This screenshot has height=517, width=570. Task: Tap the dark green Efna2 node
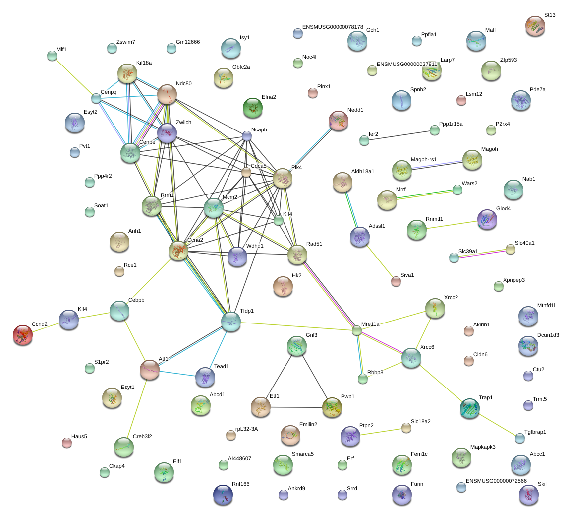tap(253, 108)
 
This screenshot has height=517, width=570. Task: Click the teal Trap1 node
tap(469, 408)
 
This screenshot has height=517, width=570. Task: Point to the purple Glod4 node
tap(487, 219)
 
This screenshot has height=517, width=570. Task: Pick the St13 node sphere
tap(535, 26)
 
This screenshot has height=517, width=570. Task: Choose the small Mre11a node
tap(357, 330)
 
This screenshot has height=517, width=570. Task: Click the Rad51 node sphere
tap(297, 255)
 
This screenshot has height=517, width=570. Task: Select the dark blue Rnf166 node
tap(223, 494)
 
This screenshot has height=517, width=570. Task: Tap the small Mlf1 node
tap(52, 56)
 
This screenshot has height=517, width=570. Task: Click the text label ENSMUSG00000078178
tap(333, 27)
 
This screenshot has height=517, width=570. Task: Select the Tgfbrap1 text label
tap(535, 432)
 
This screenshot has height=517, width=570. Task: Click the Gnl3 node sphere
tap(297, 346)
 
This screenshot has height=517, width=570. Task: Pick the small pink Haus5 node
tap(66, 443)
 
